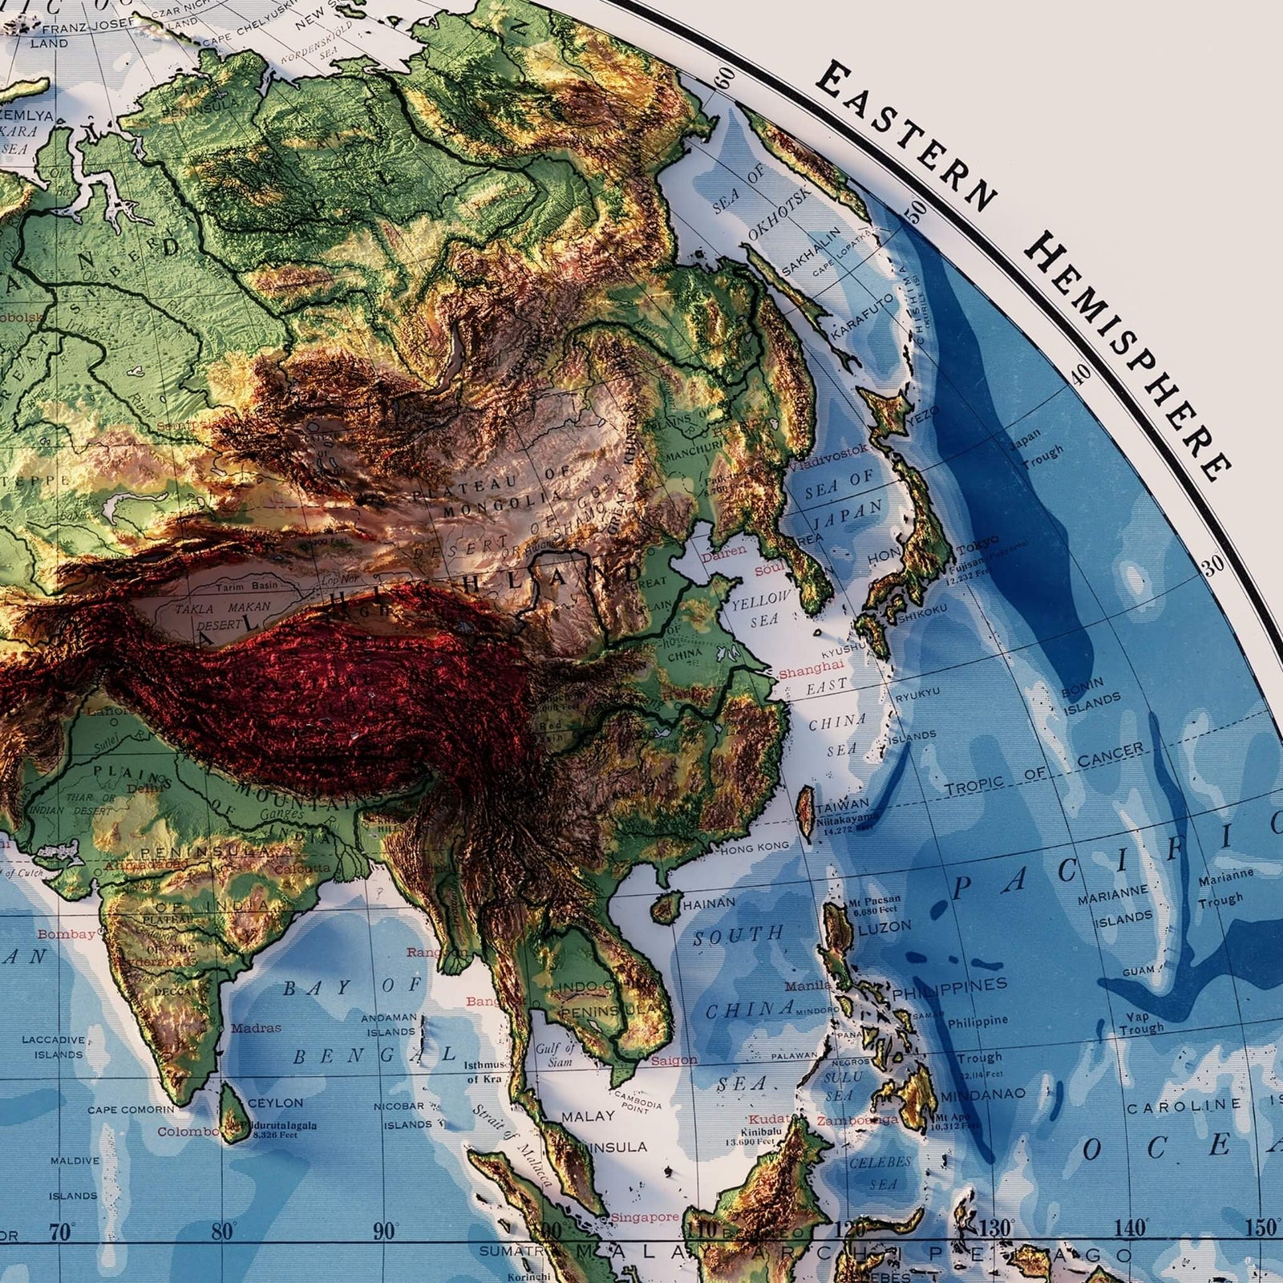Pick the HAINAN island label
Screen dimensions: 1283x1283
pos(708,903)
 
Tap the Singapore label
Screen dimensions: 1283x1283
pos(644,1216)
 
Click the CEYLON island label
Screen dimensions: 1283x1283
pos(275,1103)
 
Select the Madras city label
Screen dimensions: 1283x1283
pos(256,1028)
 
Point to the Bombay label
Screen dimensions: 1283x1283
pos(66,934)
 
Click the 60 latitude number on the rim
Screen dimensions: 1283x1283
pos(725,77)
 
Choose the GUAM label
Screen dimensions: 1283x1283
pos(1139,970)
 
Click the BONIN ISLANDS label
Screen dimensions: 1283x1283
pos(1091,698)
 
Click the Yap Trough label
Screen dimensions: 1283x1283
pos(1141,1022)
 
